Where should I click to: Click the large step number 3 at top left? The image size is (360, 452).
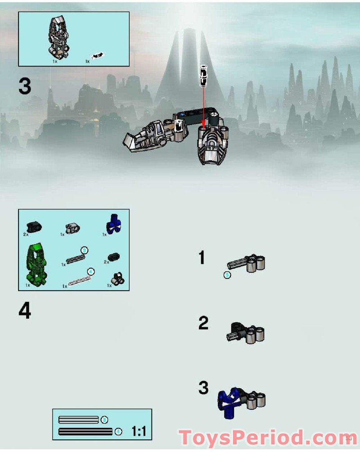(25, 86)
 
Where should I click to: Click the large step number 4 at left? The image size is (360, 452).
(25, 311)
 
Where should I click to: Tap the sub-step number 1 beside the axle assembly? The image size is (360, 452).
(202, 258)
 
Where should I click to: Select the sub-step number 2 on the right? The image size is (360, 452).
(203, 323)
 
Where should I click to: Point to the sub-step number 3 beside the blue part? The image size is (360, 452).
(203, 388)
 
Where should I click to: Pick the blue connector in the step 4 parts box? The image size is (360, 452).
(115, 224)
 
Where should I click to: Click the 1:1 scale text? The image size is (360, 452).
(139, 432)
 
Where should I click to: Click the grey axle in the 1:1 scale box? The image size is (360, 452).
(78, 420)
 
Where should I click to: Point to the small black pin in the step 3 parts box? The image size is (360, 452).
(97, 56)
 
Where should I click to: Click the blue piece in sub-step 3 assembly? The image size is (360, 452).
(228, 400)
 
